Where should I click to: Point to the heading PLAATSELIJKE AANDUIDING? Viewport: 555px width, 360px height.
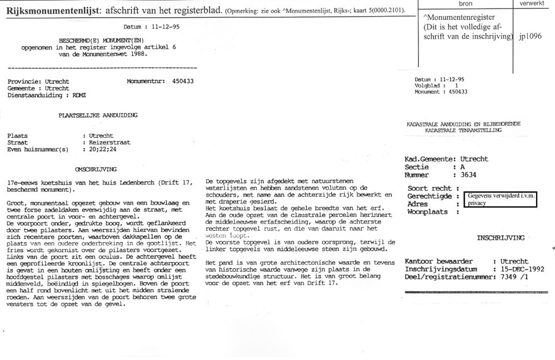coord(98,115)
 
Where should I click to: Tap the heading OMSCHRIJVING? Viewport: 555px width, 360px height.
coord(95,169)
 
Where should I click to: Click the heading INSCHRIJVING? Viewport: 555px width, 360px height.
coord(500,238)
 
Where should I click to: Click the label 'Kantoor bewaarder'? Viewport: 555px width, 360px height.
coord(438,261)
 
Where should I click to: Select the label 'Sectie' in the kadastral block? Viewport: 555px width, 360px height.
coord(417,167)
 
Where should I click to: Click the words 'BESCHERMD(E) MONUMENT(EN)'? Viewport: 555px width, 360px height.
coord(99,40)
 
